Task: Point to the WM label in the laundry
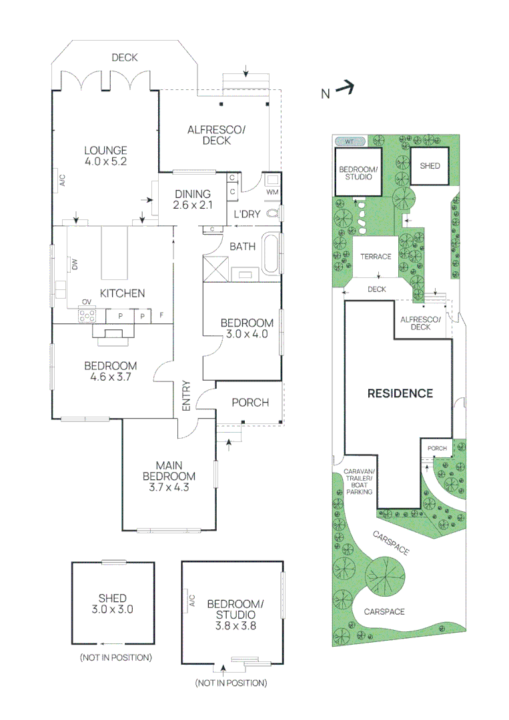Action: (x=272, y=192)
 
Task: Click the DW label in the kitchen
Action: (x=75, y=265)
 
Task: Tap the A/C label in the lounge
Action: (x=61, y=180)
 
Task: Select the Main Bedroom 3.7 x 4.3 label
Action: (x=169, y=476)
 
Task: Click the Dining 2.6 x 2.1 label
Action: (x=193, y=199)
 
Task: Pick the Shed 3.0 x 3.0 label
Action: (x=111, y=603)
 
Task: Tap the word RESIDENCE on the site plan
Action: (x=400, y=393)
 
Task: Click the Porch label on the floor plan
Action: (x=249, y=402)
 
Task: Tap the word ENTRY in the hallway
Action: (x=186, y=397)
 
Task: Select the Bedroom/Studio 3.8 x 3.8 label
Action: (x=235, y=615)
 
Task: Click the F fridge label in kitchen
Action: (x=161, y=315)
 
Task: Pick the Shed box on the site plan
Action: (x=430, y=165)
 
